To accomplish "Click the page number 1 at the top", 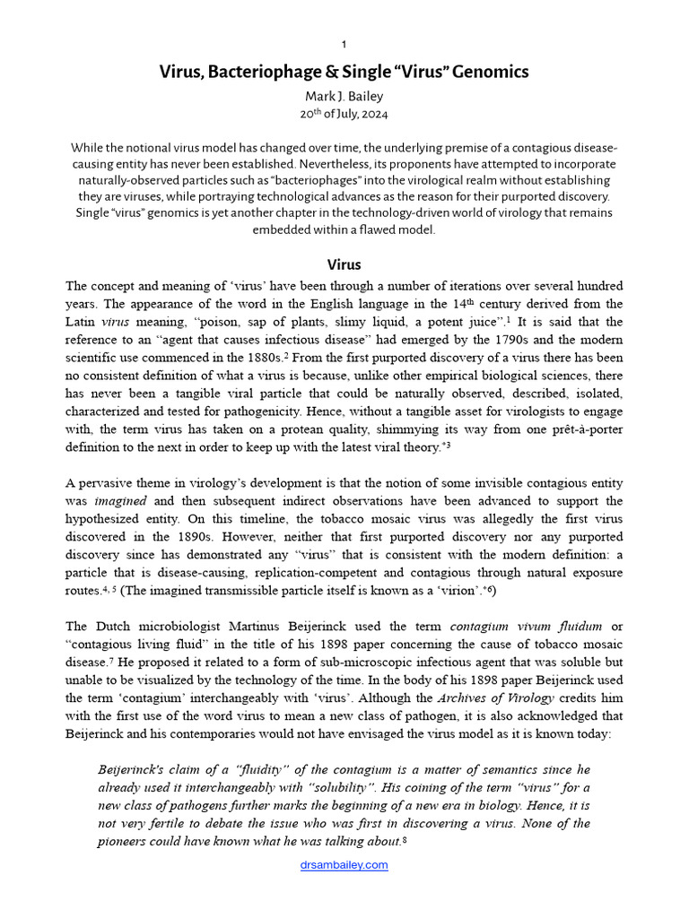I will click(344, 44).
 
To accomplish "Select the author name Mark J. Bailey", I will click(344, 96).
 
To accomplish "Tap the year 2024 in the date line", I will click(374, 115).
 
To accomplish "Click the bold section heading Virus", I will click(344, 264).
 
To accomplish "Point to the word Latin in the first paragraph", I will click(82, 322).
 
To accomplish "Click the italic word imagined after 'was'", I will click(121, 500).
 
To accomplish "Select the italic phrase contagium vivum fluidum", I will click(526, 626).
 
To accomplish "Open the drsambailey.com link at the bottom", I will click(344, 865).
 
